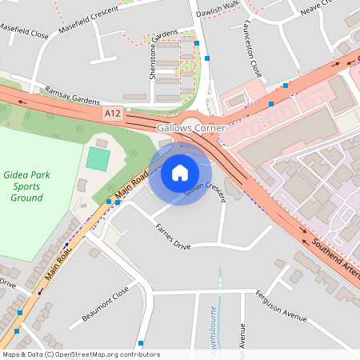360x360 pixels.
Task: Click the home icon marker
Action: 180,172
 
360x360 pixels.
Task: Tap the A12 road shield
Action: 114,115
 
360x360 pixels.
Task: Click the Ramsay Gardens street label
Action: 72,94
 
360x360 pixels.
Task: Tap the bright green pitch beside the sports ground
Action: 98,158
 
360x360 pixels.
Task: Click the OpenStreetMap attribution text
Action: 81,354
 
